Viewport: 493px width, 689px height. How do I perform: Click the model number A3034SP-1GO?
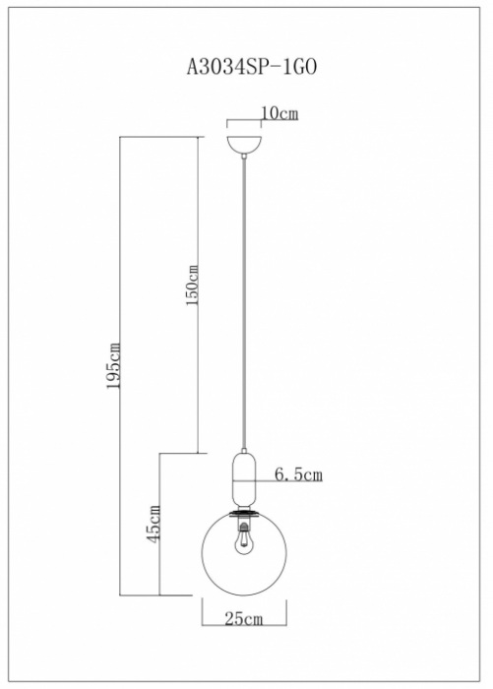coord(251,68)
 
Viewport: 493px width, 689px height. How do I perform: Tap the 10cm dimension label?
coord(279,113)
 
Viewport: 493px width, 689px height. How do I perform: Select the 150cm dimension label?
coord(193,285)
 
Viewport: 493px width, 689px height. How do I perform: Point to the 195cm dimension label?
coord(113,365)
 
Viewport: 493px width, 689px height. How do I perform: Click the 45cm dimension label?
coord(154,524)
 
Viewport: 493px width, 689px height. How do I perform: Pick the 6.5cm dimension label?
coord(298,474)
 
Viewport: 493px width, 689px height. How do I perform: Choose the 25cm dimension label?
coord(244,619)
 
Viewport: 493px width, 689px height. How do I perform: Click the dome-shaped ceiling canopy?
coord(244,145)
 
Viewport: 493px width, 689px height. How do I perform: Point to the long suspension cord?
coord(244,303)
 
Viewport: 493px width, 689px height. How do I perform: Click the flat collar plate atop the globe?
coord(244,513)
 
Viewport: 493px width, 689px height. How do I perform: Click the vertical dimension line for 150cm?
coord(197,295)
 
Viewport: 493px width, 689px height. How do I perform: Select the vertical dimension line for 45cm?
coord(159,525)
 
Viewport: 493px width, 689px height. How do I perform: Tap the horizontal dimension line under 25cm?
coord(244,626)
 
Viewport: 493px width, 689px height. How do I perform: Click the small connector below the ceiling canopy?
coord(244,156)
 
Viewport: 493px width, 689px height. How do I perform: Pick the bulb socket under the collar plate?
coord(243,523)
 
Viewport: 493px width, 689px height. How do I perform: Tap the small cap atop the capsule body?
coord(244,451)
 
